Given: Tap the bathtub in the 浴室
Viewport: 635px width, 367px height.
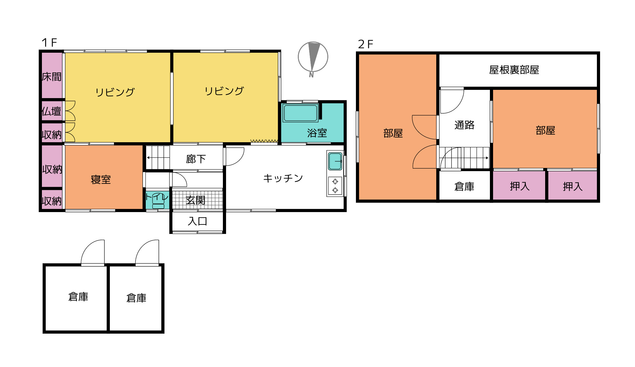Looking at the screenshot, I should (300, 113).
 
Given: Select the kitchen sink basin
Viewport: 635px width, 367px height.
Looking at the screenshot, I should (335, 161).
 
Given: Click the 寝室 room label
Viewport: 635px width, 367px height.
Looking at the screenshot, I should (101, 180).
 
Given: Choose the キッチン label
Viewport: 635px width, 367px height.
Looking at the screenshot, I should (283, 178).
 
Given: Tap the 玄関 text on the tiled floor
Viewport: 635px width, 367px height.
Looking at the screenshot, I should (196, 200).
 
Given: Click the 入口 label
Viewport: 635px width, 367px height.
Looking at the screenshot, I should (197, 221).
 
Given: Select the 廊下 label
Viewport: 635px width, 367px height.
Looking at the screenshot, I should (196, 159).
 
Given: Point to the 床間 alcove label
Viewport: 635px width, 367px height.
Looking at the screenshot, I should (52, 77).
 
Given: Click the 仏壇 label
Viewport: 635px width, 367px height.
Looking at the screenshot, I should (51, 111).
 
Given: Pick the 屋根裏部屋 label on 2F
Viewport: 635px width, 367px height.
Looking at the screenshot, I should (514, 70).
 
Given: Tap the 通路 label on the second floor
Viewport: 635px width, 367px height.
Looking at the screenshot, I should (464, 125).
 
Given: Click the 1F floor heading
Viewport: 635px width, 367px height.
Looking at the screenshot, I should (49, 43).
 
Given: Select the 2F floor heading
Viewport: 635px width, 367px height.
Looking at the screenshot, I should (365, 44).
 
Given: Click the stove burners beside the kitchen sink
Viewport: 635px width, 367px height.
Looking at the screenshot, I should (335, 186).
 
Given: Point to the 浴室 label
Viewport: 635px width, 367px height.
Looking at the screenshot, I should (317, 133).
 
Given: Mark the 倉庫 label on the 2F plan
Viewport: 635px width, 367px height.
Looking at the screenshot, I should (464, 186).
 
